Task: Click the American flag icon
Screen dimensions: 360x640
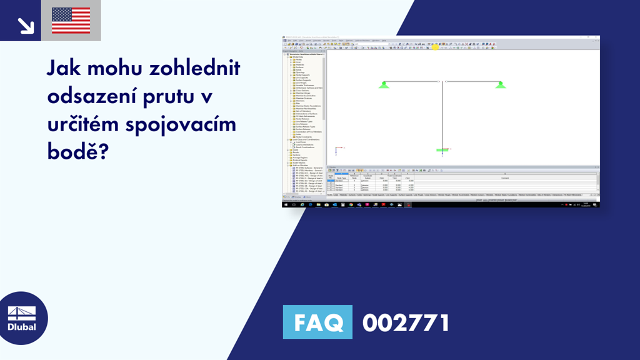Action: (71, 20)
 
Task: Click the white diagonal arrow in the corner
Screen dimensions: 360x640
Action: (25, 24)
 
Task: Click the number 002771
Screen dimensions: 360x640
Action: (406, 322)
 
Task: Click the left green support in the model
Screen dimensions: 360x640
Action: (384, 84)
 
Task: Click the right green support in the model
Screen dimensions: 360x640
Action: (500, 84)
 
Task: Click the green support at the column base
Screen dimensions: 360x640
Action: (442, 151)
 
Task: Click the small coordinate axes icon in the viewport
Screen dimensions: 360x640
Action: (337, 150)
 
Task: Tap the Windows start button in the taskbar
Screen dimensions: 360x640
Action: (286, 204)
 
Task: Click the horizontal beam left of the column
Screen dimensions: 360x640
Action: (412, 81)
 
